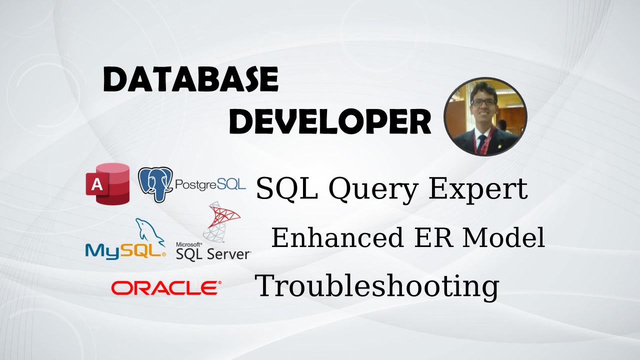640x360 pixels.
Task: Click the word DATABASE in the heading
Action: pyautogui.click(x=191, y=79)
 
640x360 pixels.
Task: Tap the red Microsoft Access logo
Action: pyautogui.click(x=107, y=184)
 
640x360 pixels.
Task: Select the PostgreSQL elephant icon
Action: pyautogui.click(x=155, y=184)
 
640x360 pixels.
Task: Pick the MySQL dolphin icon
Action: pyautogui.click(x=150, y=232)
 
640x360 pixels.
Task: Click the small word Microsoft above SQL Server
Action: pyautogui.click(x=189, y=244)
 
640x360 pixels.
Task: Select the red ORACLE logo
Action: pyautogui.click(x=166, y=287)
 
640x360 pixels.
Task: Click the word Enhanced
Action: pyautogui.click(x=337, y=237)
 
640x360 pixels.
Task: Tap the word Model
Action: pyautogui.click(x=503, y=237)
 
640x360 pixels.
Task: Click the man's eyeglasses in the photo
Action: pyautogui.click(x=484, y=102)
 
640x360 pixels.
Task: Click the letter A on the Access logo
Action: pyautogui.click(x=97, y=185)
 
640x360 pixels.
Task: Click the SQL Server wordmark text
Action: pyautogui.click(x=213, y=253)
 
